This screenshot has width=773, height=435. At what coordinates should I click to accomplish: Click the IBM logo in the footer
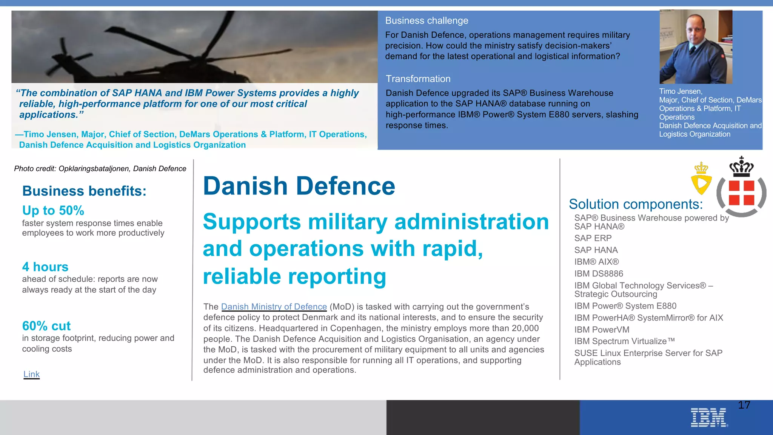[709, 418]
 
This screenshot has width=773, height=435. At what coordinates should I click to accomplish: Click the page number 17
[744, 405]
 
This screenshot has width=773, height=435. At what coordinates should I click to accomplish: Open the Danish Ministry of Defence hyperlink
[274, 307]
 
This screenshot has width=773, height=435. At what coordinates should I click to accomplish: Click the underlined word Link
[31, 374]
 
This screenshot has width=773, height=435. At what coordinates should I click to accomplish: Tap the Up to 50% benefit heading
[53, 210]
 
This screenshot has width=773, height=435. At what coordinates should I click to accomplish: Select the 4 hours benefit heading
[45, 267]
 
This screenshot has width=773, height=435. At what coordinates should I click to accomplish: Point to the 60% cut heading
[46, 326]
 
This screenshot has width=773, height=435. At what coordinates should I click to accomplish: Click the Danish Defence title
[299, 186]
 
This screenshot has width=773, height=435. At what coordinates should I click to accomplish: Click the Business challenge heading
[427, 21]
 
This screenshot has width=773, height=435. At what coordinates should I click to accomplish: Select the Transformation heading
[418, 79]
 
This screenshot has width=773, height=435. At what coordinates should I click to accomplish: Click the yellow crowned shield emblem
[701, 179]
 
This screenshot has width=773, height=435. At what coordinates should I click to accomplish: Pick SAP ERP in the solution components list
[593, 238]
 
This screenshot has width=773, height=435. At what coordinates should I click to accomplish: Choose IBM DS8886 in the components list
[599, 274]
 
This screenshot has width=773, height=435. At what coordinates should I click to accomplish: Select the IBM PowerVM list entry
[602, 330]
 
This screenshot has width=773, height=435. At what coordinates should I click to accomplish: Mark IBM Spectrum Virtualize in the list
[624, 341]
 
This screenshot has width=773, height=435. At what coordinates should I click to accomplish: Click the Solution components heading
[636, 204]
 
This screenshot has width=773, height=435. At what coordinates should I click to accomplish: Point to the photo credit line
[100, 169]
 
